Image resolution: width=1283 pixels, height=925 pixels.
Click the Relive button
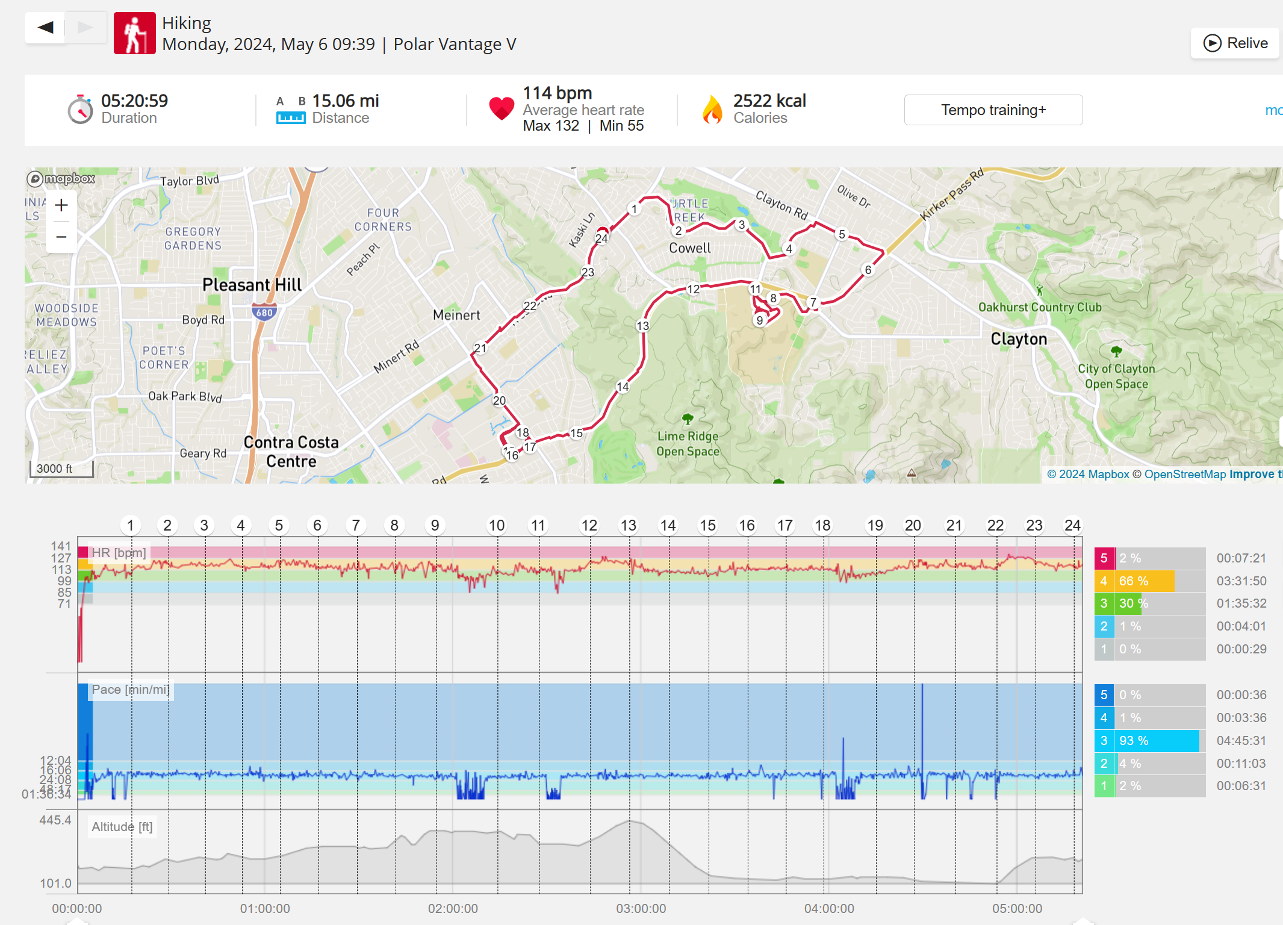(x=1235, y=43)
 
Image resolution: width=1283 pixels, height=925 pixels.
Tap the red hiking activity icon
(x=135, y=34)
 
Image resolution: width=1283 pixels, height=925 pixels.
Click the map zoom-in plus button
(x=61, y=206)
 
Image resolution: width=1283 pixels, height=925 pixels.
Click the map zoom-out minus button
(x=61, y=237)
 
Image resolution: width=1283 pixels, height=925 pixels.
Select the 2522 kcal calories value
(x=769, y=101)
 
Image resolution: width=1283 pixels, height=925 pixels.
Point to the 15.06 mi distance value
(x=345, y=101)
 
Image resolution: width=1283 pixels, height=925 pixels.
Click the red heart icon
(x=502, y=109)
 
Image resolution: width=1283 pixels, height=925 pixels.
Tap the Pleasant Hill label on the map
(x=252, y=285)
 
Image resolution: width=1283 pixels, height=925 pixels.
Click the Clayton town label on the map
(x=1019, y=339)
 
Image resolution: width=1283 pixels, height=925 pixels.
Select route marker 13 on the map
(x=642, y=326)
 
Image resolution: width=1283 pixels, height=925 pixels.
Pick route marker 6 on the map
(x=868, y=270)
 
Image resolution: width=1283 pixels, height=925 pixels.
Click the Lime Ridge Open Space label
(x=688, y=444)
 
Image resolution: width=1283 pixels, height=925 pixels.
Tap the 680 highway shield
(x=264, y=312)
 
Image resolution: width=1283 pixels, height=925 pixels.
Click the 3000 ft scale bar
(x=61, y=469)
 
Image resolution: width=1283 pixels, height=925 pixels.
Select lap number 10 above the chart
(x=496, y=526)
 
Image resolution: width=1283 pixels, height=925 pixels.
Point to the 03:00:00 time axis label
(x=641, y=909)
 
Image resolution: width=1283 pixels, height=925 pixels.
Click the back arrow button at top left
(x=45, y=28)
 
